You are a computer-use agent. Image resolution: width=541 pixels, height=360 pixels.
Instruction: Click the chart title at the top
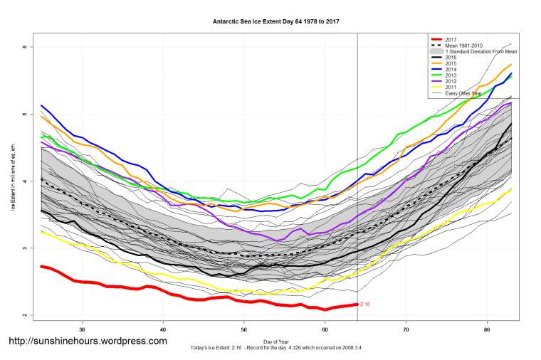click(x=276, y=21)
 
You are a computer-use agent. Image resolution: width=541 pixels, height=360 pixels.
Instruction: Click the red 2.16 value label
click(x=365, y=304)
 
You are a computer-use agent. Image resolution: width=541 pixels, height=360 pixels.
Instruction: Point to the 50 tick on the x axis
click(x=244, y=329)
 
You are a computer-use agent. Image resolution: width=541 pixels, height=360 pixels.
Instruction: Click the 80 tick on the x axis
click(x=487, y=329)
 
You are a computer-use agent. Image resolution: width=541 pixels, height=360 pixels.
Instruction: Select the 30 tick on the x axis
click(x=83, y=329)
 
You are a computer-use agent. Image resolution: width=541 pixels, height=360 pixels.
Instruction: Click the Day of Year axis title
click(x=276, y=342)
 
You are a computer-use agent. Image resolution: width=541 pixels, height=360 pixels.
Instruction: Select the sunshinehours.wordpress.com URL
click(x=88, y=342)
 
